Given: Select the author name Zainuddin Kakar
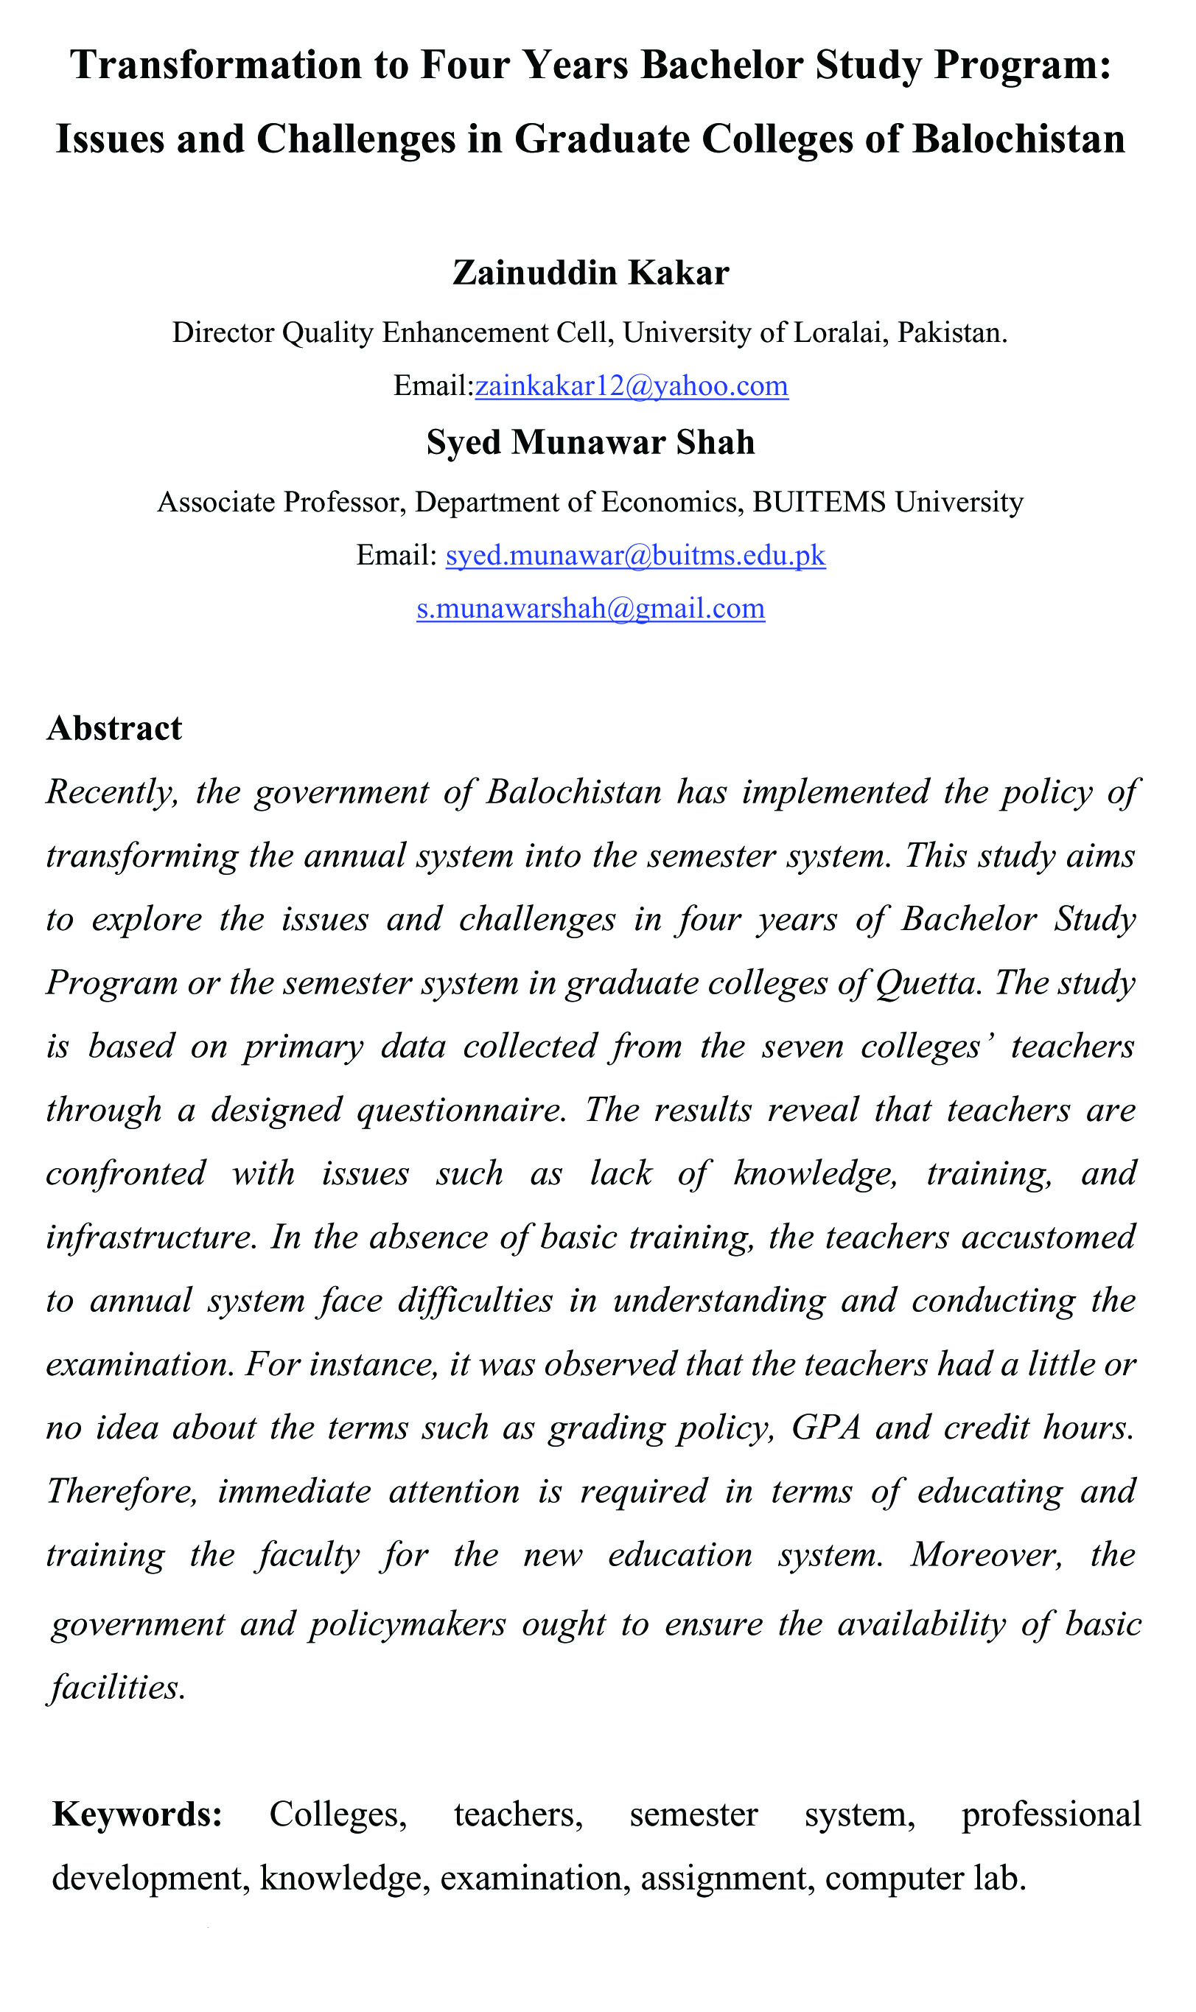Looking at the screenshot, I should point(590,273).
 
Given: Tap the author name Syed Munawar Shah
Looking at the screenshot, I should point(590,442).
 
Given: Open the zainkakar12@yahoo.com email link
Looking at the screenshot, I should point(631,386).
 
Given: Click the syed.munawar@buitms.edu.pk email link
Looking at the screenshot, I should point(635,555).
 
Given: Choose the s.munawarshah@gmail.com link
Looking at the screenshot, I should point(590,607).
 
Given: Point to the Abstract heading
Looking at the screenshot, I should point(114,728).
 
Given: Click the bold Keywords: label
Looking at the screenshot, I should point(137,1814).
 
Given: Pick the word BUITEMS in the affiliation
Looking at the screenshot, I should point(819,502).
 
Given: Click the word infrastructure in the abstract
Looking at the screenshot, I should point(150,1237).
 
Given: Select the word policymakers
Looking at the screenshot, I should point(408,1624).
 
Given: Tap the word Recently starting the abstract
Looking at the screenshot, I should point(111,792).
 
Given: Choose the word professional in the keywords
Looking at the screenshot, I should point(1051,1814).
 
